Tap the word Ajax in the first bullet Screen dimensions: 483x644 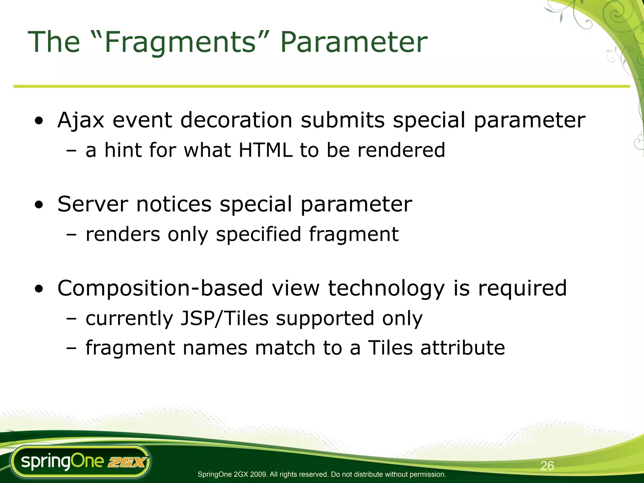pos(80,120)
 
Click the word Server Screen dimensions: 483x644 pos(92,204)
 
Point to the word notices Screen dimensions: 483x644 pos(174,204)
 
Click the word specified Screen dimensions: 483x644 pos(258,234)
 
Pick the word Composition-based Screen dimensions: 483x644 pos(160,288)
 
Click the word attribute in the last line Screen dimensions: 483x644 pos(463,348)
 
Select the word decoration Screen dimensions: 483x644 pos(236,120)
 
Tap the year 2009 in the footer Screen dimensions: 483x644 pos(259,474)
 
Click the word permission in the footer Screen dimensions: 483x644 pos(429,474)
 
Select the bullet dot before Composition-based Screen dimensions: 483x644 pos(39,289)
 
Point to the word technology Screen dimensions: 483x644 pos(386,288)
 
